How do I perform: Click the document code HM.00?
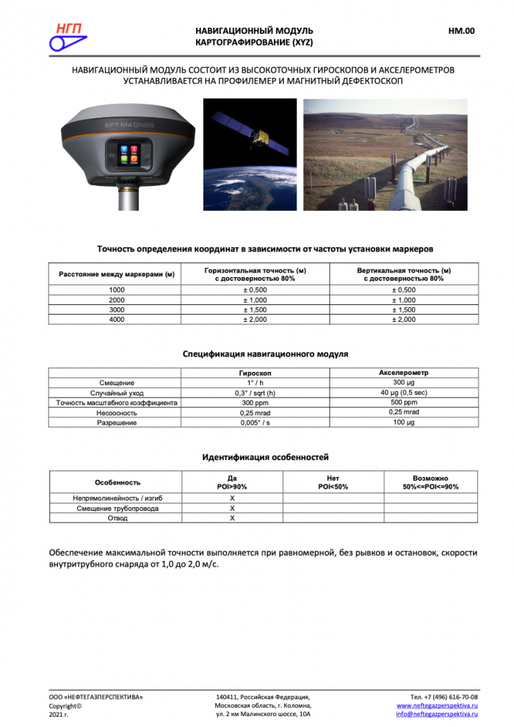[461, 31]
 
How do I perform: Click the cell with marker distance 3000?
[116, 310]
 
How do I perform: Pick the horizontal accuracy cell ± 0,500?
[255, 290]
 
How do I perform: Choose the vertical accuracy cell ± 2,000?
[404, 320]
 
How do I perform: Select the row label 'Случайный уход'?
[116, 393]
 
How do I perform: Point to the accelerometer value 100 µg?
[404, 423]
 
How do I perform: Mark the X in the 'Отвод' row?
[232, 518]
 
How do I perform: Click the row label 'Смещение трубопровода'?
[117, 508]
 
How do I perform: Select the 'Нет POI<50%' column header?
[333, 482]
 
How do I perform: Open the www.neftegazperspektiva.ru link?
[437, 705]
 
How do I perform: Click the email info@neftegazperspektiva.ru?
[437, 714]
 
